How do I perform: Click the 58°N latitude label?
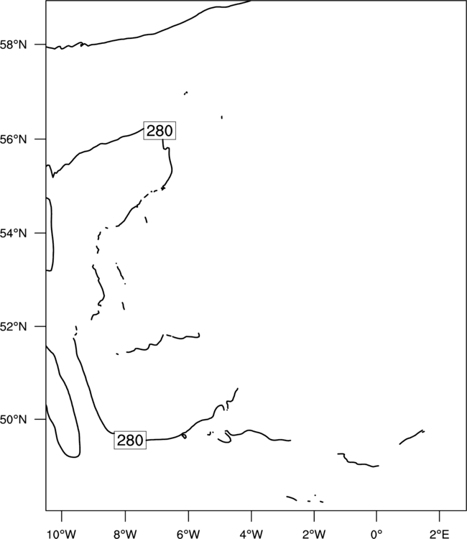(x=14, y=45)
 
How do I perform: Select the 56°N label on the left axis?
(x=14, y=139)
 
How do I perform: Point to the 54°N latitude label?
(x=14, y=234)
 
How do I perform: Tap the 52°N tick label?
(x=14, y=326)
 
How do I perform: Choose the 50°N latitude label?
(x=14, y=420)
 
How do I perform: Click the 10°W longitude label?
(x=62, y=534)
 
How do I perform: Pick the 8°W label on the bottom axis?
(x=125, y=534)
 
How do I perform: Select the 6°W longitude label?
(x=188, y=534)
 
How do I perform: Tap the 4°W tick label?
(x=251, y=534)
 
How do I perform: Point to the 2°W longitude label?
(x=314, y=534)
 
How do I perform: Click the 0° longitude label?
(x=376, y=534)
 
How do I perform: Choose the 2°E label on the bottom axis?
(x=440, y=534)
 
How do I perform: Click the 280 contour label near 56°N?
(x=159, y=131)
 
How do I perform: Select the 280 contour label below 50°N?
(x=130, y=440)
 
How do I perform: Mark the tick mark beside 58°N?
(x=40, y=45)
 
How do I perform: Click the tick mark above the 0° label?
(x=376, y=516)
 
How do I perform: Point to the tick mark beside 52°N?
(x=40, y=326)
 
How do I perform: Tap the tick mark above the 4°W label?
(x=251, y=516)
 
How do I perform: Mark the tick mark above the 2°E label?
(x=440, y=516)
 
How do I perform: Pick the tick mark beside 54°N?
(x=40, y=233)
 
